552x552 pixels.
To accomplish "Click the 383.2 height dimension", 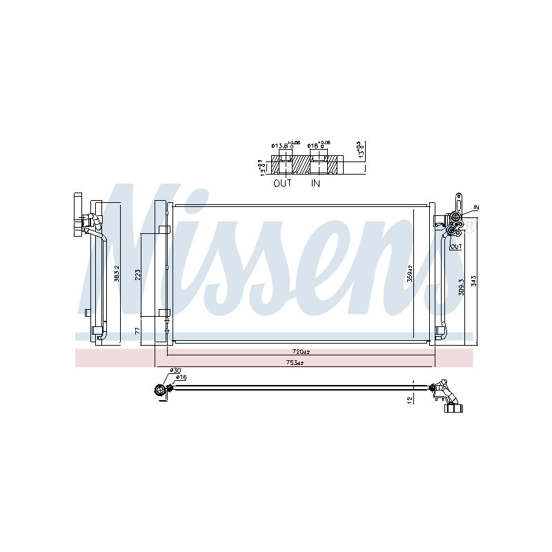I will click(117, 273).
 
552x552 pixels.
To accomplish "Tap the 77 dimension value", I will click(137, 331).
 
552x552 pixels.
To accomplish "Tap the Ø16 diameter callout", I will click(181, 377).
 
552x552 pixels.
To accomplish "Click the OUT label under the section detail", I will click(283, 184).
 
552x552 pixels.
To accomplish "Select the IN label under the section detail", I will click(316, 184).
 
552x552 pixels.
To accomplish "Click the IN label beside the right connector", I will click(476, 207).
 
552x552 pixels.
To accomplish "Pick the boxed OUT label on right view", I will click(456, 246).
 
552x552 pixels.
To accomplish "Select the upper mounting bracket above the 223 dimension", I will click(164, 230).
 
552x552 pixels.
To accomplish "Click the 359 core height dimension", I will click(409, 275).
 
